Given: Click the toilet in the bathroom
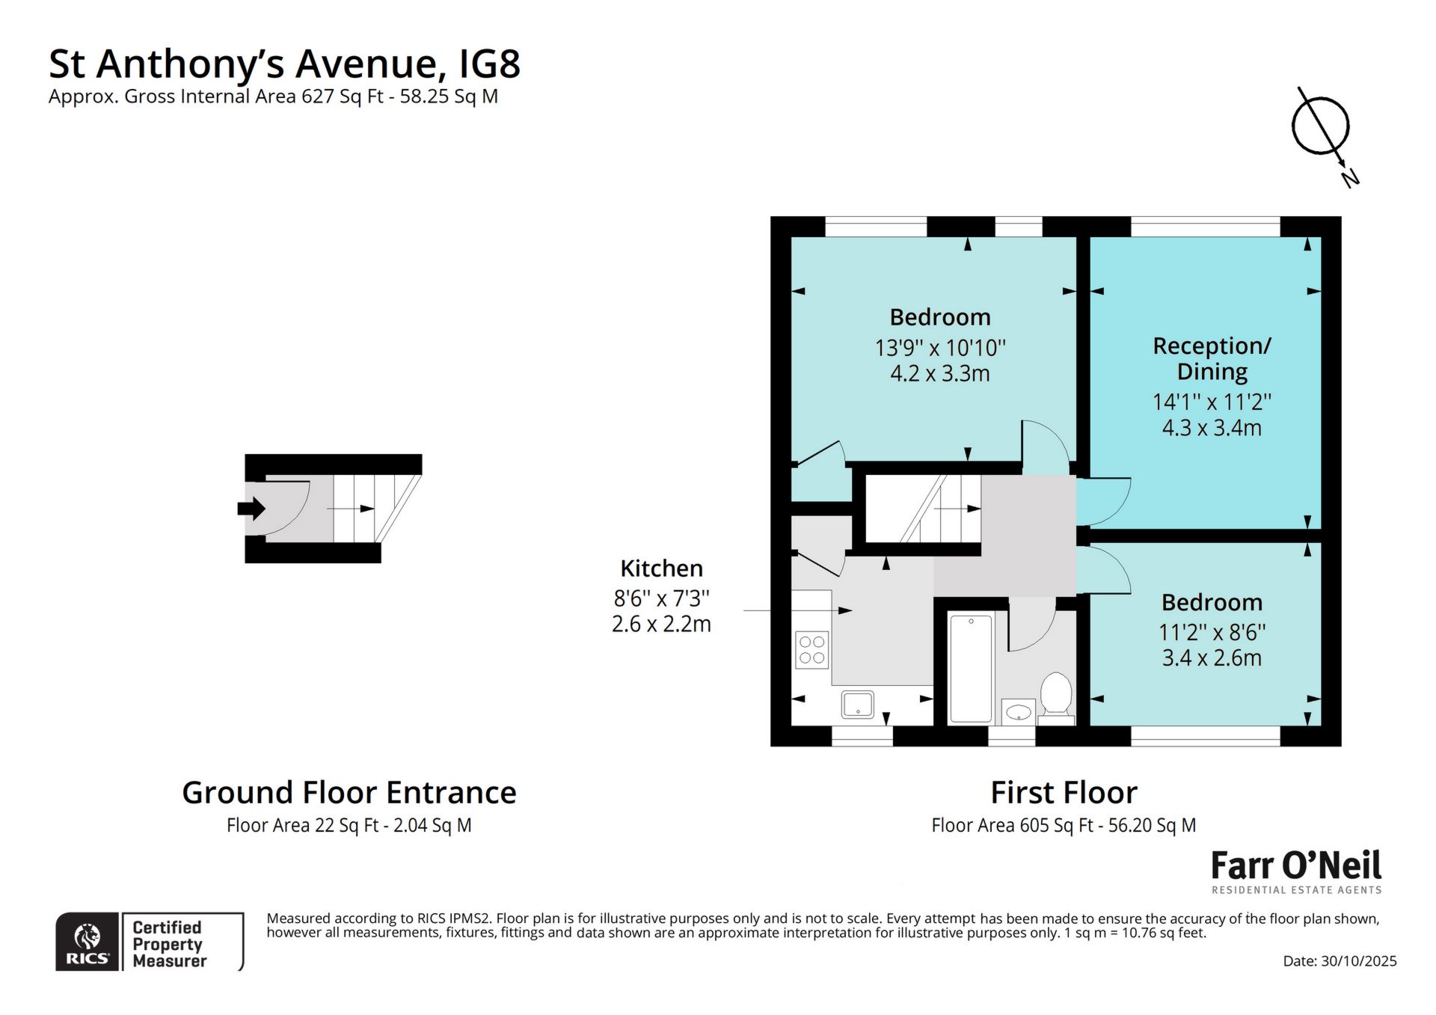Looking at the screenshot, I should [1055, 695].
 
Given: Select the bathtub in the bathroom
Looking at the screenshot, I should [970, 668].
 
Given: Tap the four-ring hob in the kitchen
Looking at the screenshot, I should [811, 649].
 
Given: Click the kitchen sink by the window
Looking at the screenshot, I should [857, 705].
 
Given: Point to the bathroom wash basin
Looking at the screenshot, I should [1017, 712].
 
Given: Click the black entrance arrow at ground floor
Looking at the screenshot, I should [251, 509].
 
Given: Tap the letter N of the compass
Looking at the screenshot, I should [1349, 178].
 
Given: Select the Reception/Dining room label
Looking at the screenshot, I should [1212, 358].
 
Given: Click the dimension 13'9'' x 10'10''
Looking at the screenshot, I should [940, 348].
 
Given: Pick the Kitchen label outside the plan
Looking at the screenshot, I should [661, 568].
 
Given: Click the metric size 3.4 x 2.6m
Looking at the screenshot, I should [1212, 658].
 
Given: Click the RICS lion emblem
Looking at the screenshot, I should [88, 936].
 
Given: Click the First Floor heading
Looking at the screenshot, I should [1064, 792].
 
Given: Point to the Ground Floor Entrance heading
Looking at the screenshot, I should [349, 792].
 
